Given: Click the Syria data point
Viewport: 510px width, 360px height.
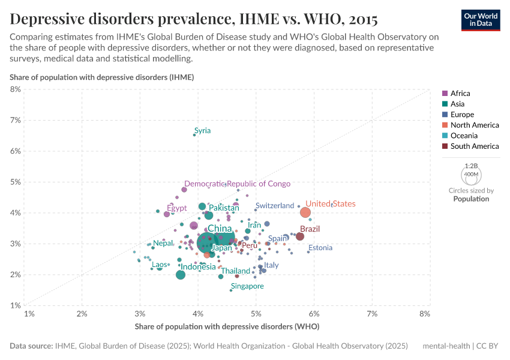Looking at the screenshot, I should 194,135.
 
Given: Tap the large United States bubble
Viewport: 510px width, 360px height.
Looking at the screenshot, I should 305,212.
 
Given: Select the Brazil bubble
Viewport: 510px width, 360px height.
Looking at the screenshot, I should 300,236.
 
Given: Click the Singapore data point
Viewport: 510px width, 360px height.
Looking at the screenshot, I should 231,290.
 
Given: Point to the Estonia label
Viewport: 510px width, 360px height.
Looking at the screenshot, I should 320,248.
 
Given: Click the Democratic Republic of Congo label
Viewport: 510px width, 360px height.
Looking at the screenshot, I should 237,184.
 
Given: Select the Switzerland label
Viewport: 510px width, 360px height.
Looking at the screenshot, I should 275,206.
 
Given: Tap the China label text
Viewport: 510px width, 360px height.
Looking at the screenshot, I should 220,229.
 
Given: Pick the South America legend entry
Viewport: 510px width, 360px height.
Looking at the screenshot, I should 474,146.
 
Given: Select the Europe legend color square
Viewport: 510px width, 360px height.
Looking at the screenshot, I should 445,115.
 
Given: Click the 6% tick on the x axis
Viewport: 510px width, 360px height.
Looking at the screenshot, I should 314,314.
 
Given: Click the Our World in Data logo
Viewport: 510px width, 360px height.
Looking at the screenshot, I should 480,19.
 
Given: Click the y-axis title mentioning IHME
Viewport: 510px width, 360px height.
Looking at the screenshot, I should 101,77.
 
